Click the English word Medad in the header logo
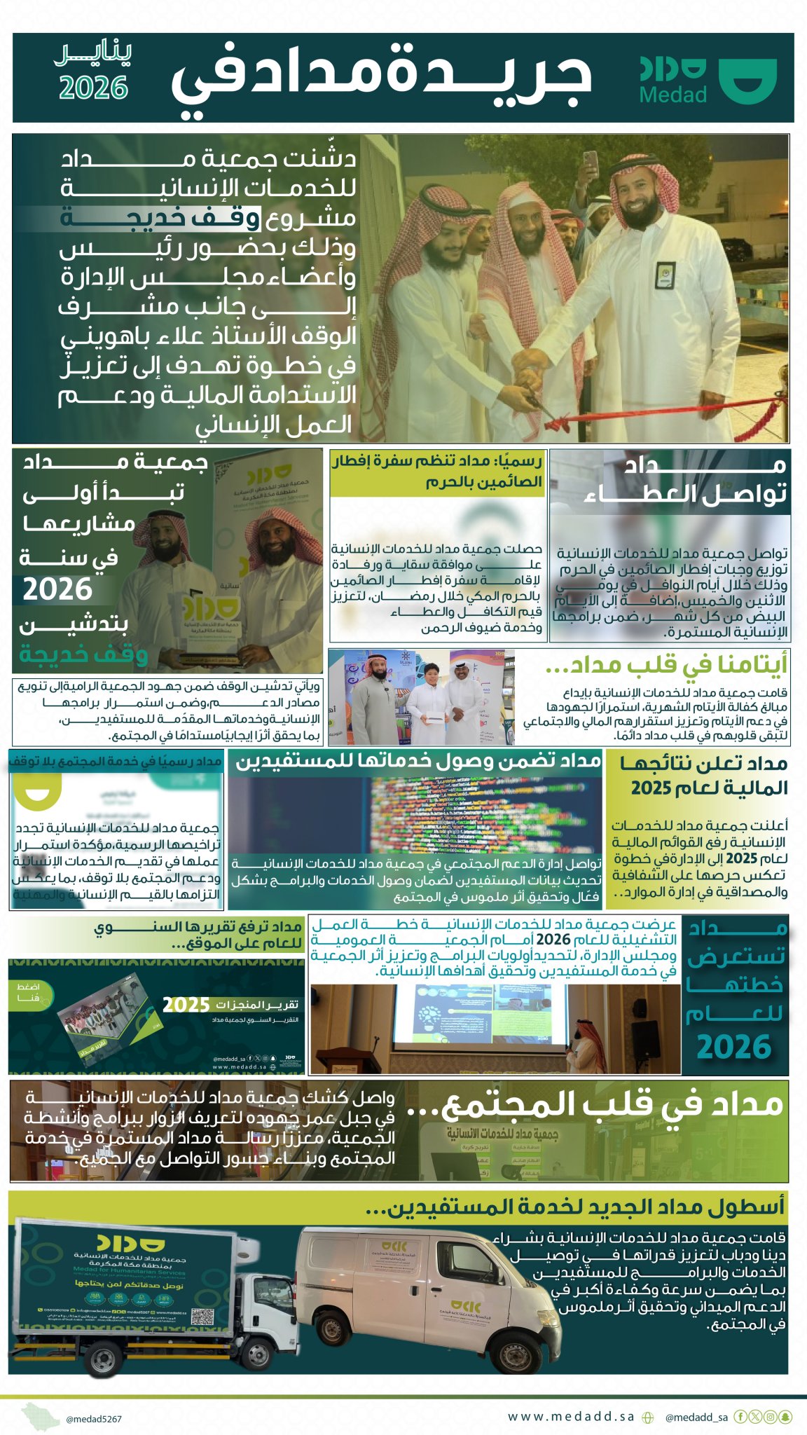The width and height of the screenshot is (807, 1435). coord(673,95)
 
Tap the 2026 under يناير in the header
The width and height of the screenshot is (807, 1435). coord(93,88)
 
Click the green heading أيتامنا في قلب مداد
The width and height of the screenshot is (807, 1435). coord(665,664)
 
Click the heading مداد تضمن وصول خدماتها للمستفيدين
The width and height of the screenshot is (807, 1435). coord(418,761)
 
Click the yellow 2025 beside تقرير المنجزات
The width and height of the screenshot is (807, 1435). coord(186,1005)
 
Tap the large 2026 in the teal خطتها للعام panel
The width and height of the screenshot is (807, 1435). coord(733,1047)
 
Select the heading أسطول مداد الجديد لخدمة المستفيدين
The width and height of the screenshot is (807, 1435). coord(575,1207)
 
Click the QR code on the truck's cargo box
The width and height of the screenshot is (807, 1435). coord(201,1315)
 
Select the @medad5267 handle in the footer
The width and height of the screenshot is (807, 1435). coord(94,1419)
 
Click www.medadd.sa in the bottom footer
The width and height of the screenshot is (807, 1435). coord(571,1416)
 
